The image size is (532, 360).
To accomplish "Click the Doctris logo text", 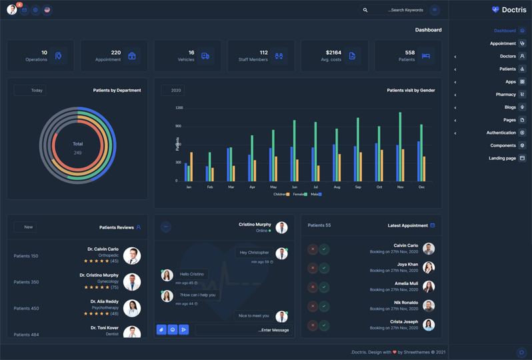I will pyautogui.click(x=513, y=10).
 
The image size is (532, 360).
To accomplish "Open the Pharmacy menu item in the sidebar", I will pyautogui.click(x=506, y=95).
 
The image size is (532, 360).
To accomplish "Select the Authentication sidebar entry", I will pyautogui.click(x=501, y=133).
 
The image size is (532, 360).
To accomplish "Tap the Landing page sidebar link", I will pyautogui.click(x=503, y=158).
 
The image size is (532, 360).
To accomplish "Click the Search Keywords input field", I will pyautogui.click(x=400, y=10).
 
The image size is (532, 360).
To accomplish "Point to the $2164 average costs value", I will pyautogui.click(x=333, y=53).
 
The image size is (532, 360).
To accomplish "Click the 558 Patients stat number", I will pyautogui.click(x=409, y=53).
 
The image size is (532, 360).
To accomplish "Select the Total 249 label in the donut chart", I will pyautogui.click(x=78, y=148).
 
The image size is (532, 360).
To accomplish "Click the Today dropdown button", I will pyautogui.click(x=31, y=90).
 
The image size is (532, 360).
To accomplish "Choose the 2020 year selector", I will pyautogui.click(x=173, y=90).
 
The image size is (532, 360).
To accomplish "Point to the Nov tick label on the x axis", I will pyautogui.click(x=401, y=187).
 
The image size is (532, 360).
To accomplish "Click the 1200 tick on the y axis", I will pyautogui.click(x=179, y=108).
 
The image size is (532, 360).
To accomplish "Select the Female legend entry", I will pyautogui.click(x=299, y=194).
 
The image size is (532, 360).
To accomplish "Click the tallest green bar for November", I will pyautogui.click(x=401, y=147).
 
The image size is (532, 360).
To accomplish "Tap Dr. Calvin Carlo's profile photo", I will pyautogui.click(x=132, y=255).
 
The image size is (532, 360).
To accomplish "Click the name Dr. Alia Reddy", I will pyautogui.click(x=103, y=301).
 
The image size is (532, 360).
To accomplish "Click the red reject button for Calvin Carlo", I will pyautogui.click(x=313, y=249).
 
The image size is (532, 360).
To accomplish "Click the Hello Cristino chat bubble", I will pyautogui.click(x=192, y=274).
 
